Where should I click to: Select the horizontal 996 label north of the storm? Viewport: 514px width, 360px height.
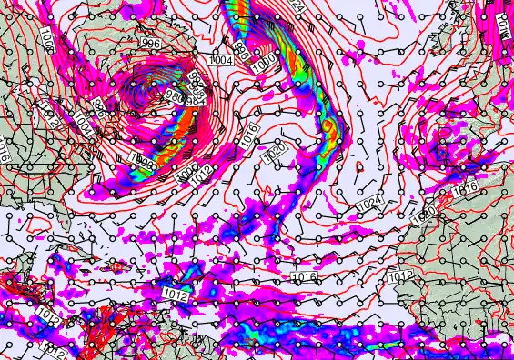tap(151, 44)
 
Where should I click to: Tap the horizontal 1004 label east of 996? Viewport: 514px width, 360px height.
tap(220, 59)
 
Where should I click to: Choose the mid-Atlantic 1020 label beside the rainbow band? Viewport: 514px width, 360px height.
tap(277, 153)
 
